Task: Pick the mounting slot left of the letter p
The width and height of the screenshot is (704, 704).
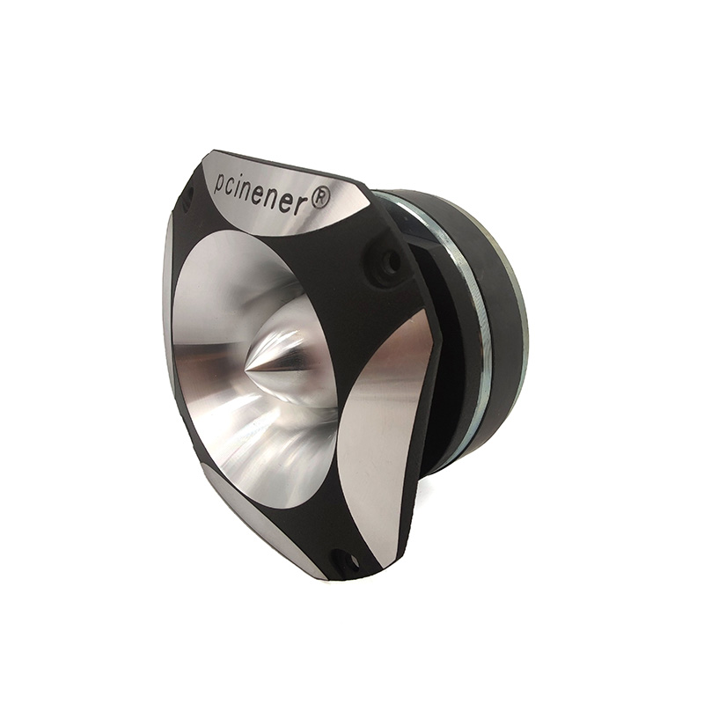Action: point(189,194)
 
